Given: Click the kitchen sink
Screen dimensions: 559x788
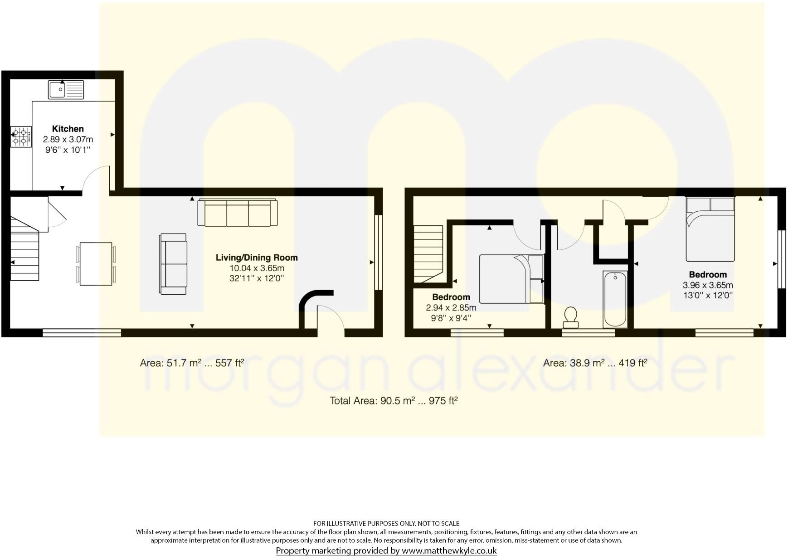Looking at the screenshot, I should point(66,89).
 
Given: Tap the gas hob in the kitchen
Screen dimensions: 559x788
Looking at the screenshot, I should point(21,136).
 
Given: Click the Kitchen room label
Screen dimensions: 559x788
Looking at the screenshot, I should point(68,129).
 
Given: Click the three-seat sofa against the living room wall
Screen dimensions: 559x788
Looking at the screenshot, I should point(237,213).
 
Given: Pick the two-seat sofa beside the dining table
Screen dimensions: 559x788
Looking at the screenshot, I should point(173,264).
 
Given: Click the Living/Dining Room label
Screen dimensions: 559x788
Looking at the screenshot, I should point(257,258).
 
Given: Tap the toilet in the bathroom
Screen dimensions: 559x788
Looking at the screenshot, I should point(570,316).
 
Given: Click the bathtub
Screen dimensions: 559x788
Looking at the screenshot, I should point(615,299).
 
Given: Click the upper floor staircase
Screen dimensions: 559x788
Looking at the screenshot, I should point(428,254).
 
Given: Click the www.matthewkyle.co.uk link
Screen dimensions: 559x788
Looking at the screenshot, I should point(449,551).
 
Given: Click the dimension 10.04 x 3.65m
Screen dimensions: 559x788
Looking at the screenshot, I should point(257,268).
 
